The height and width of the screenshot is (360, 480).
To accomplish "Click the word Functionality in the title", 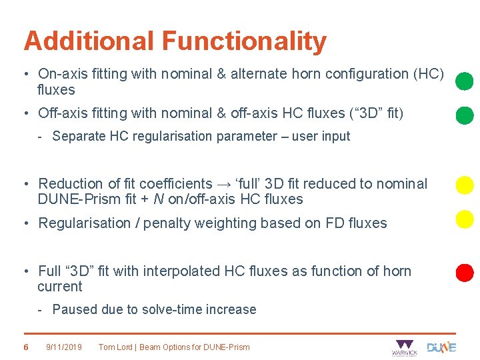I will coord(244,41).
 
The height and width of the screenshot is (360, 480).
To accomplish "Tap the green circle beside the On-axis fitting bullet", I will coord(464,81).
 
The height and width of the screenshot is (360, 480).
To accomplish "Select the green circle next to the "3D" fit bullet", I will coord(464,115).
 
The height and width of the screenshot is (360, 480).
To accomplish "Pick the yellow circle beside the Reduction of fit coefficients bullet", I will coord(464,185).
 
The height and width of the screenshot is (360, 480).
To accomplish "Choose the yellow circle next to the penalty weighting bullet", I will coord(464,218).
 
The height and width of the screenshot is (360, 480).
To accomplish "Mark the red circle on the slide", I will coord(464,272).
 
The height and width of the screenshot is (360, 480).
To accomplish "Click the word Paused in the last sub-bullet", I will coord(75,309).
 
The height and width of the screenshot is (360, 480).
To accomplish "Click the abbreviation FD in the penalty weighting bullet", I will coord(331,223).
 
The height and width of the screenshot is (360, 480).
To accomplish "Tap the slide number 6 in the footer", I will coord(25,347).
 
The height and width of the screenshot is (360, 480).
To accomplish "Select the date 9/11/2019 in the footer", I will coord(64,347).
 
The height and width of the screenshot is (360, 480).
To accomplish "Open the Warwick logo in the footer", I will coord(404,347).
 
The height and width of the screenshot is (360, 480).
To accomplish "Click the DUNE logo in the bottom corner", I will coord(441,347).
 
